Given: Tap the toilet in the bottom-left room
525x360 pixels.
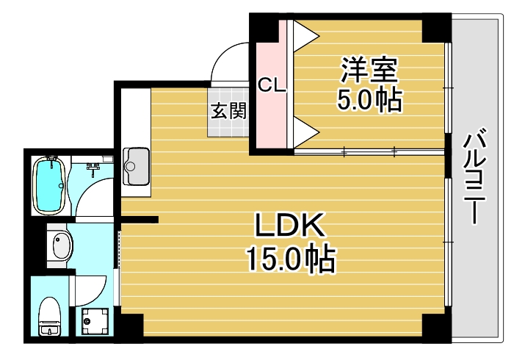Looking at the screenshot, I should tap(50, 316).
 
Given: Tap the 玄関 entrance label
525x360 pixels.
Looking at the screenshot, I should tap(228, 111).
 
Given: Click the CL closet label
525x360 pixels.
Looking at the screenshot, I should tap(271, 85).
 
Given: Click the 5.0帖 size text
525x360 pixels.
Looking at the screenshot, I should tap(369, 100).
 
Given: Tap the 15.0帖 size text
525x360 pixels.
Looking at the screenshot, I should tap(290, 259).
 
